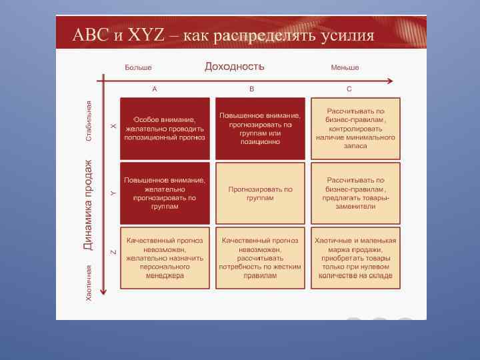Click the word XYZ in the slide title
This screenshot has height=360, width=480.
pyautogui.click(x=145, y=35)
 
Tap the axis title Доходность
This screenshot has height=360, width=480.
pyautogui.click(x=234, y=66)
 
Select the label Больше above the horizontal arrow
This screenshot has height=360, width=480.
pyautogui.click(x=138, y=67)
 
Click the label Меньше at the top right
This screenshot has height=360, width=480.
pyautogui.click(x=345, y=67)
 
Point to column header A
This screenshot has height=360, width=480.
pyautogui.click(x=155, y=89)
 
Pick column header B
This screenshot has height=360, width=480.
pyautogui.click(x=251, y=89)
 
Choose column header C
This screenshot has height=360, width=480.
pyautogui.click(x=349, y=89)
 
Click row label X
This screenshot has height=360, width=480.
pyautogui.click(x=113, y=127)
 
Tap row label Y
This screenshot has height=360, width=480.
pyautogui.click(x=113, y=193)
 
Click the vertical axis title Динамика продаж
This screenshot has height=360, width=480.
pyautogui.click(x=88, y=205)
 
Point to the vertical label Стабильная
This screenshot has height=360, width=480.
pyautogui.click(x=89, y=121)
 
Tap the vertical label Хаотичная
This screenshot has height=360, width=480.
pyautogui.click(x=89, y=283)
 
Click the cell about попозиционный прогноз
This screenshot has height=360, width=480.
pyautogui.click(x=165, y=128)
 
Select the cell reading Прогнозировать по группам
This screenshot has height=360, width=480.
pyautogui.click(x=260, y=193)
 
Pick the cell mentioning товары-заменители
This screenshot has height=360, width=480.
pyautogui.click(x=356, y=193)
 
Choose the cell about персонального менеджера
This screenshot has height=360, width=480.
pyautogui.click(x=165, y=258)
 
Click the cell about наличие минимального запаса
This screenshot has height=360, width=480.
pyautogui.click(x=356, y=128)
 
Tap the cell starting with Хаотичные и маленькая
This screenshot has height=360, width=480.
pyautogui.click(x=356, y=258)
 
